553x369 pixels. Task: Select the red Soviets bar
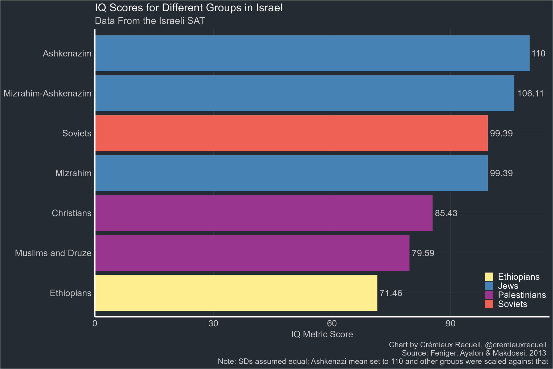(x=292, y=133)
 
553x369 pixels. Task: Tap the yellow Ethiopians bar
(x=236, y=293)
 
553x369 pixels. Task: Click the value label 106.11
(x=530, y=94)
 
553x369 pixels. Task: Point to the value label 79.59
(x=423, y=253)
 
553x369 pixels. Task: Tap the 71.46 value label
(x=391, y=293)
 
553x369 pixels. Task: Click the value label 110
(x=538, y=54)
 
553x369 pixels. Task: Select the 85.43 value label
(x=446, y=213)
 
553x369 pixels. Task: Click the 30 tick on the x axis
(x=214, y=324)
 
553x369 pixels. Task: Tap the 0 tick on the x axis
(x=95, y=324)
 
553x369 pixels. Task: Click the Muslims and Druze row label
(x=53, y=253)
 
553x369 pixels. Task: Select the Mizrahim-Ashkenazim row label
(x=48, y=94)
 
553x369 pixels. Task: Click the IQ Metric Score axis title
(x=322, y=335)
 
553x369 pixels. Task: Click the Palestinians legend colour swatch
(x=489, y=295)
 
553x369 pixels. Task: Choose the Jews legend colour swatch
(x=489, y=286)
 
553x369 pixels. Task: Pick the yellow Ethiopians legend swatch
(x=489, y=277)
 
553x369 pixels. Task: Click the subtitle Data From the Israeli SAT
(x=150, y=21)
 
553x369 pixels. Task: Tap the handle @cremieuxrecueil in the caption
(x=516, y=345)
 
